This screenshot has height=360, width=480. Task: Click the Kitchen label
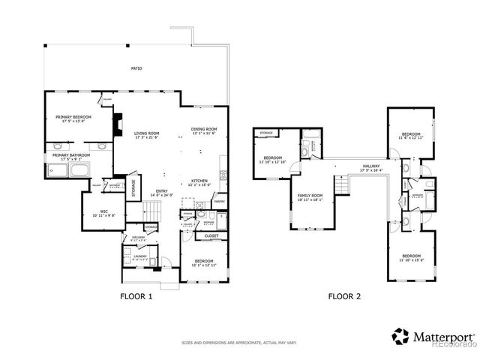pos(199,182)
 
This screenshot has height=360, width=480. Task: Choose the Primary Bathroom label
pos(70,156)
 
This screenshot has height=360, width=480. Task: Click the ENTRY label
pos(161,192)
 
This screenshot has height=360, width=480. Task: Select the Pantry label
pos(219,201)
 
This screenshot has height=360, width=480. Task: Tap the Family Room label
pos(310,196)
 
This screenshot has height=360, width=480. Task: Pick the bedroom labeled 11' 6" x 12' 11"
pos(411,135)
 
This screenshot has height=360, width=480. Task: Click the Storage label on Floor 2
pos(265,133)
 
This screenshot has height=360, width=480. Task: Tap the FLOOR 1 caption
pos(136,296)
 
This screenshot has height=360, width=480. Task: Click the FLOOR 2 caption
pos(344,296)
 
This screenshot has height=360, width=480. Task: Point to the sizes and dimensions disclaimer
pos(240,343)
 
